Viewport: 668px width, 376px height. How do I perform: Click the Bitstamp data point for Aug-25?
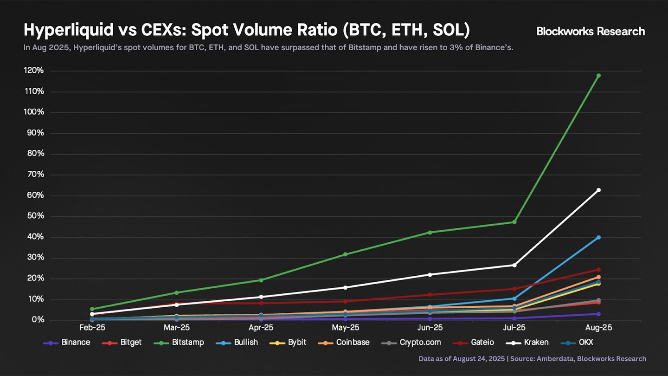(598, 76)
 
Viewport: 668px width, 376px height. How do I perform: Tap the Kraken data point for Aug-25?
(598, 190)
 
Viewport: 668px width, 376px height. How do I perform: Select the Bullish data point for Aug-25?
(598, 237)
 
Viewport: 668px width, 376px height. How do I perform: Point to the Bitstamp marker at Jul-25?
(514, 222)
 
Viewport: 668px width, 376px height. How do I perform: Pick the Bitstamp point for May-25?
(345, 254)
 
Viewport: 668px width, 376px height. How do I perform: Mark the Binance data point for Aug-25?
(598, 314)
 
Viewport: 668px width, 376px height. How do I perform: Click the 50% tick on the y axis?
(36, 216)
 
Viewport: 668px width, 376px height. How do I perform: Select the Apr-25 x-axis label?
(261, 328)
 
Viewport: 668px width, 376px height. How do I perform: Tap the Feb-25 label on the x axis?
(92, 328)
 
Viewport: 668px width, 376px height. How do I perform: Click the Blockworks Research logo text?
(591, 32)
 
